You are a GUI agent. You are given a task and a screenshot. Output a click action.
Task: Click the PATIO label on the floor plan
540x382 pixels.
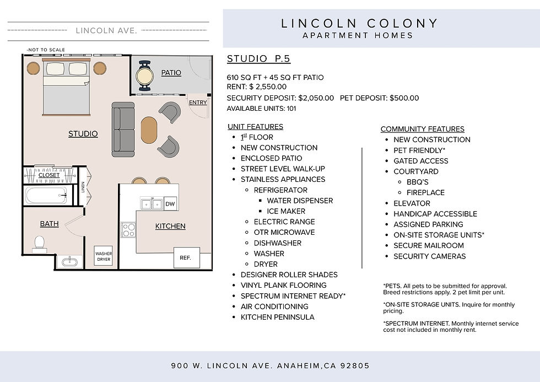(171, 73)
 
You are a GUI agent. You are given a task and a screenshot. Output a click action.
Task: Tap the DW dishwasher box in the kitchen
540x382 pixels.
(170, 203)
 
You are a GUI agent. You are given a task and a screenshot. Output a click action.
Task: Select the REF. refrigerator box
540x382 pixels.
(186, 257)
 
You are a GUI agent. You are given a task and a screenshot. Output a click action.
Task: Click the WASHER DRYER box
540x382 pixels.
(104, 256)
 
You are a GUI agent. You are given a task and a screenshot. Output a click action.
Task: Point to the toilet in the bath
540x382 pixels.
(40, 244)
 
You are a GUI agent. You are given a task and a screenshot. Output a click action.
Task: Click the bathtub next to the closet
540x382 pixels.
(46, 196)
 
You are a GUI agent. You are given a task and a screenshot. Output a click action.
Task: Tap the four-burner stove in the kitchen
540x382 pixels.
(128, 230)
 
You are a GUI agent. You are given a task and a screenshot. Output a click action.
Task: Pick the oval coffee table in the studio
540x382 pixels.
(149, 130)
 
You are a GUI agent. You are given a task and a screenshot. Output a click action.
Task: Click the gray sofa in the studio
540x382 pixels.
(123, 130)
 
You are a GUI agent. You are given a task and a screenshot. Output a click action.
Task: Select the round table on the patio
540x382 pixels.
(144, 76)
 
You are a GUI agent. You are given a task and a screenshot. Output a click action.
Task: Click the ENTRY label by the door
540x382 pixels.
(198, 103)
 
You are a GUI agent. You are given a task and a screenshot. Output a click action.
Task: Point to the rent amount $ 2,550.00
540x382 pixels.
(268, 87)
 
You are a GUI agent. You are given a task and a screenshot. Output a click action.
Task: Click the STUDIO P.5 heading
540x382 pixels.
(258, 59)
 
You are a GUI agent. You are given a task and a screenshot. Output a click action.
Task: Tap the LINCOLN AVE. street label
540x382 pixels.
(106, 31)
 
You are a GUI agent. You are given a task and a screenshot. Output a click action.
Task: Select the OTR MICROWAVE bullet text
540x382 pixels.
(284, 232)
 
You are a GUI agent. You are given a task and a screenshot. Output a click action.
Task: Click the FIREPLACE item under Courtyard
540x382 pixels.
(425, 192)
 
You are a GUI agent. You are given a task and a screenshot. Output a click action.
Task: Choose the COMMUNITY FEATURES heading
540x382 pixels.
(423, 129)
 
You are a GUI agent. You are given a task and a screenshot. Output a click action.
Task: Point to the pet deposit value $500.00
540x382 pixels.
(404, 98)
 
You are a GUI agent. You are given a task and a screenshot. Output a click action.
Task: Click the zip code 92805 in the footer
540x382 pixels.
(355, 365)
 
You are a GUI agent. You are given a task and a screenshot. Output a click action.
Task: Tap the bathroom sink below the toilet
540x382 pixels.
(69, 261)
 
